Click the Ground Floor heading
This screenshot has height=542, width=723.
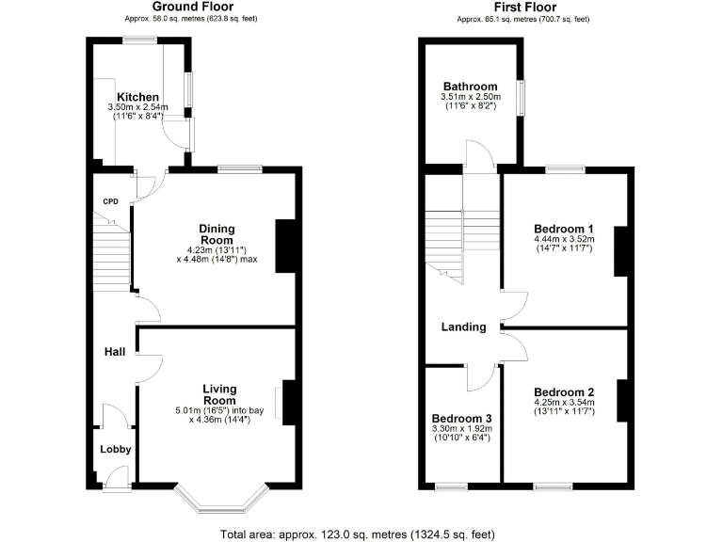pos(192,8)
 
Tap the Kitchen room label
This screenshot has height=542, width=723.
pos(137,97)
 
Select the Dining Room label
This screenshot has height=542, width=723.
pos(217,234)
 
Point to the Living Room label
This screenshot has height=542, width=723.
pos(219,394)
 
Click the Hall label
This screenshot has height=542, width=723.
pos(115,351)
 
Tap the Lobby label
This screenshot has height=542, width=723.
pos(116,449)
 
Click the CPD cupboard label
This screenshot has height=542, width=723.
pos(111,200)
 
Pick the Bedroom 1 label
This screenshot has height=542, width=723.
pos(564,229)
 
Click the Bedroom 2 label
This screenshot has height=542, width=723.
pos(564,392)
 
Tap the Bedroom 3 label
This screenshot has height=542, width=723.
pos(461,419)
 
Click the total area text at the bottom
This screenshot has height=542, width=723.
pos(357,534)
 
